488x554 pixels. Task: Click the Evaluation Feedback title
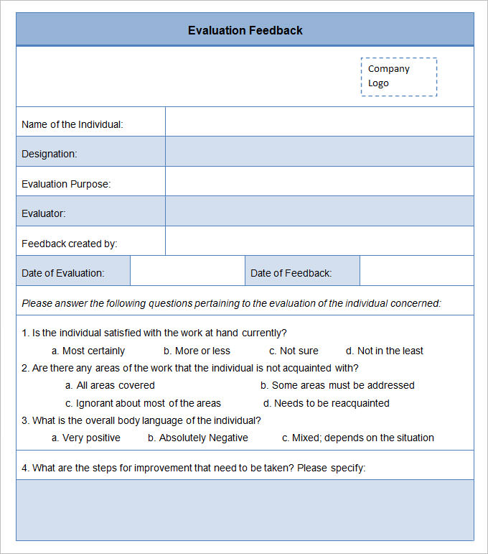click(245, 30)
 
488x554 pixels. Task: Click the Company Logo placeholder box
click(398, 76)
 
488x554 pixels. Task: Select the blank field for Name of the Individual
click(319, 121)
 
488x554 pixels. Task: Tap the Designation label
click(50, 154)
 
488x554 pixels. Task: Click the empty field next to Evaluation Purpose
click(319, 181)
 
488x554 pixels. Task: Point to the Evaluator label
click(44, 213)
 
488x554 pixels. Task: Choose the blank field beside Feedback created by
click(319, 241)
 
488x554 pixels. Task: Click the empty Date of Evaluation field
click(187, 271)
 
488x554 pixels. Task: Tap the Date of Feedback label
click(291, 273)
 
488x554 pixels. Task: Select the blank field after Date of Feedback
click(416, 271)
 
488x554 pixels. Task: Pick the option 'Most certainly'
click(88, 351)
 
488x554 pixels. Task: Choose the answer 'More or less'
click(197, 351)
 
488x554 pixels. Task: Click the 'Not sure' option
click(294, 351)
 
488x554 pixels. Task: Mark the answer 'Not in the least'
click(385, 351)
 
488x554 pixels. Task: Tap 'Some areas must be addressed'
click(337, 385)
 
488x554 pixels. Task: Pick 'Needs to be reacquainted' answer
click(326, 403)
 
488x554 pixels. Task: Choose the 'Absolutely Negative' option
click(198, 438)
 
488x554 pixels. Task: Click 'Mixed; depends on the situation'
click(358, 438)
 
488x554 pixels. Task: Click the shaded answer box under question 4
click(245, 509)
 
